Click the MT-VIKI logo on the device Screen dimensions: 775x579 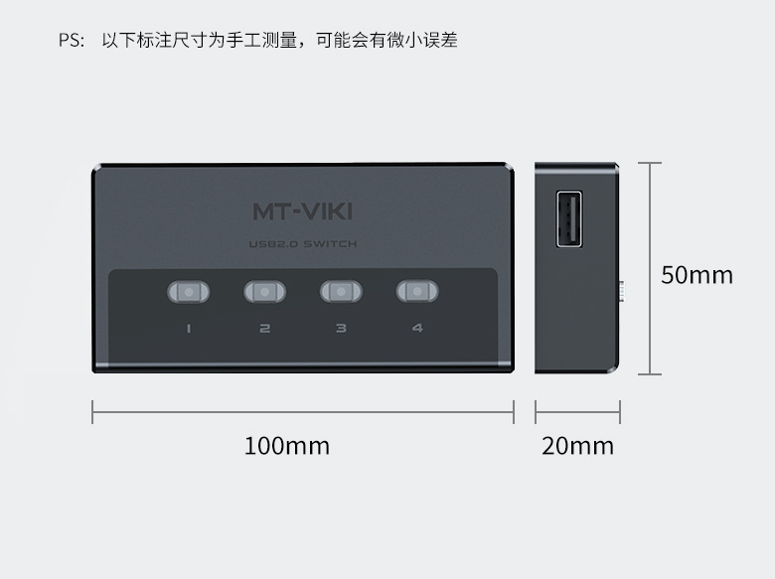303,211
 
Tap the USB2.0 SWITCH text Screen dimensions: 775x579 303,244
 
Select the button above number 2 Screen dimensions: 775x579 264,292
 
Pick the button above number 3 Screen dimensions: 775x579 341,292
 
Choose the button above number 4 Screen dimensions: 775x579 417,292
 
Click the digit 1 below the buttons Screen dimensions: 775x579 188,328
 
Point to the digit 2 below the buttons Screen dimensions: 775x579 264,328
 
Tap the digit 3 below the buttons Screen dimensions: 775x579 341,328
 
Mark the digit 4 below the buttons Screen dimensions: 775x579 417,328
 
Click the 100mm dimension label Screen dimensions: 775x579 287,446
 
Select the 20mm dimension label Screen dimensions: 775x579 577,446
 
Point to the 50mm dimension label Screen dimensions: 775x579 697,274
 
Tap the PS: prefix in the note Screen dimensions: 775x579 71,42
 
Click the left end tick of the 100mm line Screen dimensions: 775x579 92,411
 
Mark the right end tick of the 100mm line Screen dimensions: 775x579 514,411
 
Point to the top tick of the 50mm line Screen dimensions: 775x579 650,163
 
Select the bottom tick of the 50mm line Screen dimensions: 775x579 650,374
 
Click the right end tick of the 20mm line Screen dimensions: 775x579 620,411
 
